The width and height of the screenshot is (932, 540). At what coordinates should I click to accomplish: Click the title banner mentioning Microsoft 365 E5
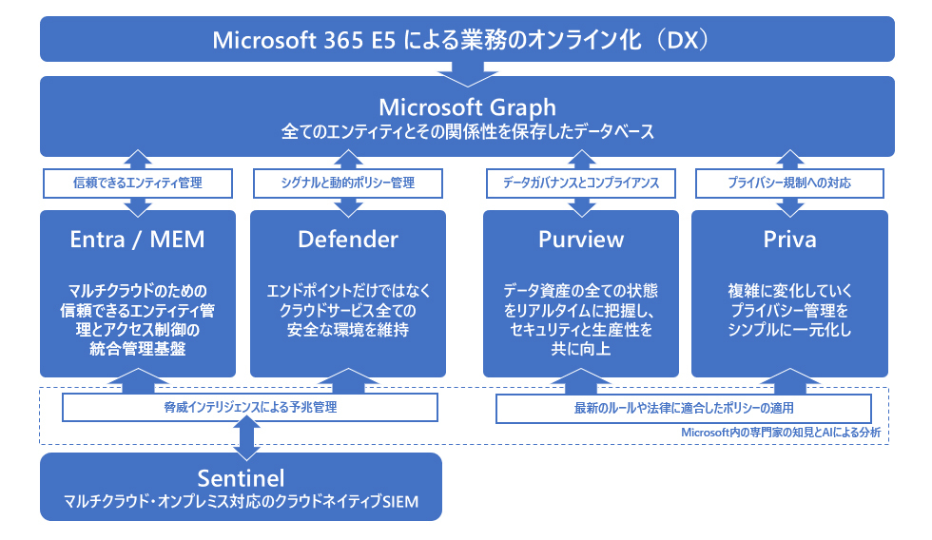[467, 39]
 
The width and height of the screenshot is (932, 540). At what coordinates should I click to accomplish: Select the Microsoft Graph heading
[467, 106]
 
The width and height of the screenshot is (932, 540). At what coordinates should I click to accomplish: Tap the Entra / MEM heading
[137, 240]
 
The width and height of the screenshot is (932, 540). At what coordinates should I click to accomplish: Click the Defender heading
[348, 240]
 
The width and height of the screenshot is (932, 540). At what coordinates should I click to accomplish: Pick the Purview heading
[581, 240]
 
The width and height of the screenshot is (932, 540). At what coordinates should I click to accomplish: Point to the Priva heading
[789, 240]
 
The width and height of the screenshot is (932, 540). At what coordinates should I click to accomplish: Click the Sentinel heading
[241, 478]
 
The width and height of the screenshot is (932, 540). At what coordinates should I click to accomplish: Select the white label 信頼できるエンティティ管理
[137, 183]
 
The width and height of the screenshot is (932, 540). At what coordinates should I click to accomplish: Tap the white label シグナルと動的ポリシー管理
[348, 183]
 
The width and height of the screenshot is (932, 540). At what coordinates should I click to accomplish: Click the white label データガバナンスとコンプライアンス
[581, 183]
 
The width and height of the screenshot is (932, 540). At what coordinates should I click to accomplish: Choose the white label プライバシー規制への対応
[789, 183]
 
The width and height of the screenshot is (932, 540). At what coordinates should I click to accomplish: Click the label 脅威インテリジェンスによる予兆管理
[249, 407]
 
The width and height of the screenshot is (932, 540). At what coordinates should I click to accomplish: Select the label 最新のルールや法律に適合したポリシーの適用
[684, 408]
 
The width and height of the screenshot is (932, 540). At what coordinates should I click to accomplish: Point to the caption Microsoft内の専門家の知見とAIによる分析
[781, 433]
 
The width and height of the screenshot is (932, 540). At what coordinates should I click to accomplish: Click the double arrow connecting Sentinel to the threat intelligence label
[246, 438]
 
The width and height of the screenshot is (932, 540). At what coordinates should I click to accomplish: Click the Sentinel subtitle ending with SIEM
[241, 501]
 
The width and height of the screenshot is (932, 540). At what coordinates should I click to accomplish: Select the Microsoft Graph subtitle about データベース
[467, 131]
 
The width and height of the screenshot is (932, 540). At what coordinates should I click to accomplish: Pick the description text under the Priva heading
[789, 310]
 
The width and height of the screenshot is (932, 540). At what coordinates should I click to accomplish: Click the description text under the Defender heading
[348, 310]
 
